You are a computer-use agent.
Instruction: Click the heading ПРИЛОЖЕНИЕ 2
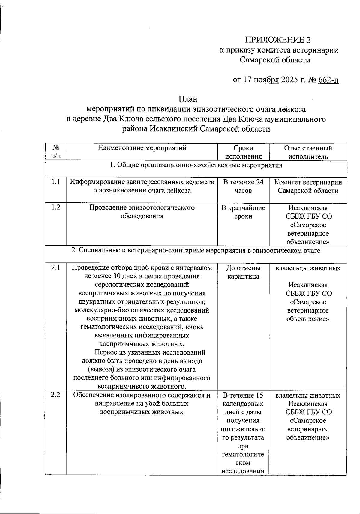(278, 40)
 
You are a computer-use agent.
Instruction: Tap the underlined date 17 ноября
(261, 80)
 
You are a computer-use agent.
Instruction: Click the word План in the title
(188, 99)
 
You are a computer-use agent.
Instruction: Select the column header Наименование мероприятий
(142, 148)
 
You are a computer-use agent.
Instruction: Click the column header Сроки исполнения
(243, 152)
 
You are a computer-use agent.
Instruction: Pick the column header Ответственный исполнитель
(308, 152)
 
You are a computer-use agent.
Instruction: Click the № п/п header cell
(56, 152)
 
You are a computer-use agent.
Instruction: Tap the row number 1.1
(55, 182)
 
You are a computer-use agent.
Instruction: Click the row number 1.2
(55, 207)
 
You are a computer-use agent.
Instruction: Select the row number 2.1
(55, 268)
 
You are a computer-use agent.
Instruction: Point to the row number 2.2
(55, 395)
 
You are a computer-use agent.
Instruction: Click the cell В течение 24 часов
(243, 186)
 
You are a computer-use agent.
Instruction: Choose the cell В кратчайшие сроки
(243, 212)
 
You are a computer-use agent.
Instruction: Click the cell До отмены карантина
(243, 272)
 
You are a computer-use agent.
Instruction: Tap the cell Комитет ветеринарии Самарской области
(308, 186)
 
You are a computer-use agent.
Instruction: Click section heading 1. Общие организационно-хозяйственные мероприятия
(196, 165)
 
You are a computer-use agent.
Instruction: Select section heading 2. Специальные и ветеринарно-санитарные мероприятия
(196, 251)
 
